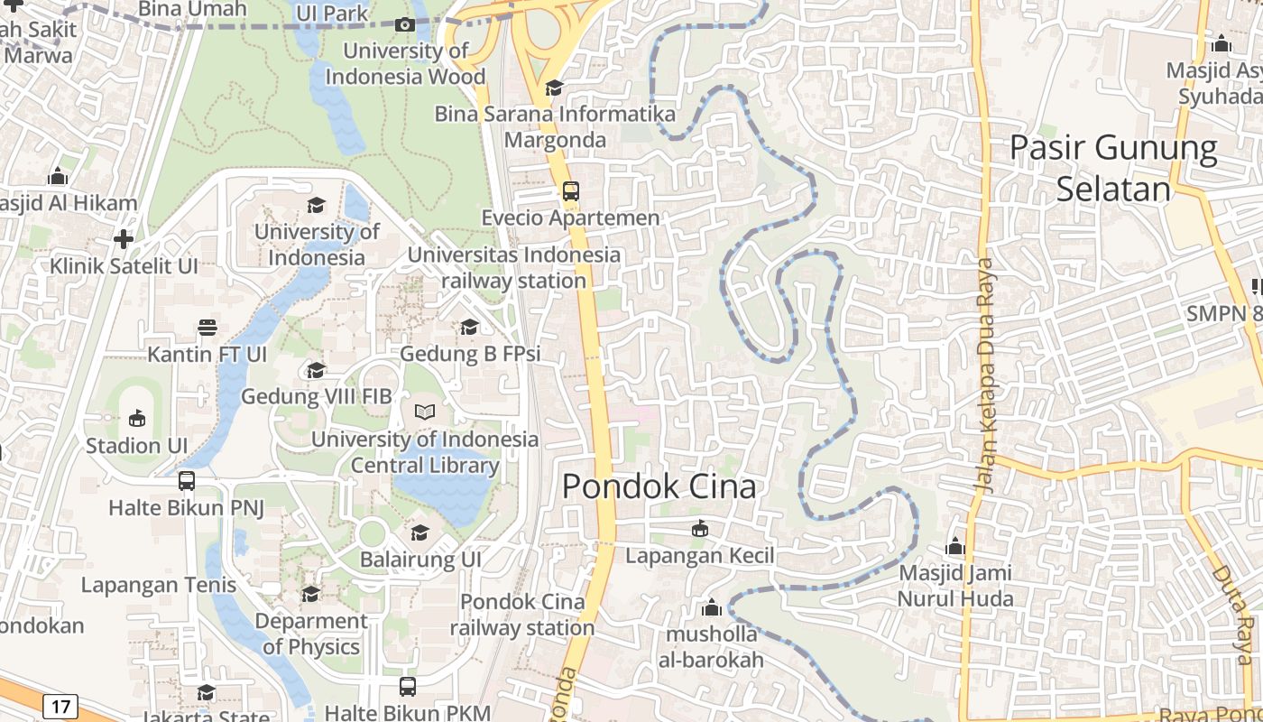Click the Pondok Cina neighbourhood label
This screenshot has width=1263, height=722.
click(x=659, y=486)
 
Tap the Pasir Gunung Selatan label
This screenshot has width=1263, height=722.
click(x=1113, y=168)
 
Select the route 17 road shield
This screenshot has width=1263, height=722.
click(x=60, y=706)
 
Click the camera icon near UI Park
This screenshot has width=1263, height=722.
click(x=405, y=24)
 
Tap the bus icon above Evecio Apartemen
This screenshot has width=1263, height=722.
click(x=570, y=191)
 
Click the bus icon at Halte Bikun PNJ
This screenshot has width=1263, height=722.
click(x=187, y=481)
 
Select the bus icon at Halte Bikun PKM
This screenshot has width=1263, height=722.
click(x=408, y=687)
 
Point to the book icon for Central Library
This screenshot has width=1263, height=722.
click(x=424, y=412)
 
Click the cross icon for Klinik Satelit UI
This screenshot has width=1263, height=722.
click(x=124, y=239)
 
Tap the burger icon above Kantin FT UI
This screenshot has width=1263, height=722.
click(x=207, y=327)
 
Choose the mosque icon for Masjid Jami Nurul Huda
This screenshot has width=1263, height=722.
click(x=955, y=546)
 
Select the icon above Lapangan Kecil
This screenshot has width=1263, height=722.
click(x=699, y=528)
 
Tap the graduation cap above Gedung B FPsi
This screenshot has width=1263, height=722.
click(x=469, y=327)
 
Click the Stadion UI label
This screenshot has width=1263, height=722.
click(x=136, y=445)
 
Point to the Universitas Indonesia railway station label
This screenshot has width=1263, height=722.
click(x=514, y=268)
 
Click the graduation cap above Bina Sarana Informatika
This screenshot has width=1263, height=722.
click(x=554, y=88)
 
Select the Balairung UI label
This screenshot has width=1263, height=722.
click(x=420, y=560)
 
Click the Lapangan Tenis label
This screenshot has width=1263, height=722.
click(x=159, y=585)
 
